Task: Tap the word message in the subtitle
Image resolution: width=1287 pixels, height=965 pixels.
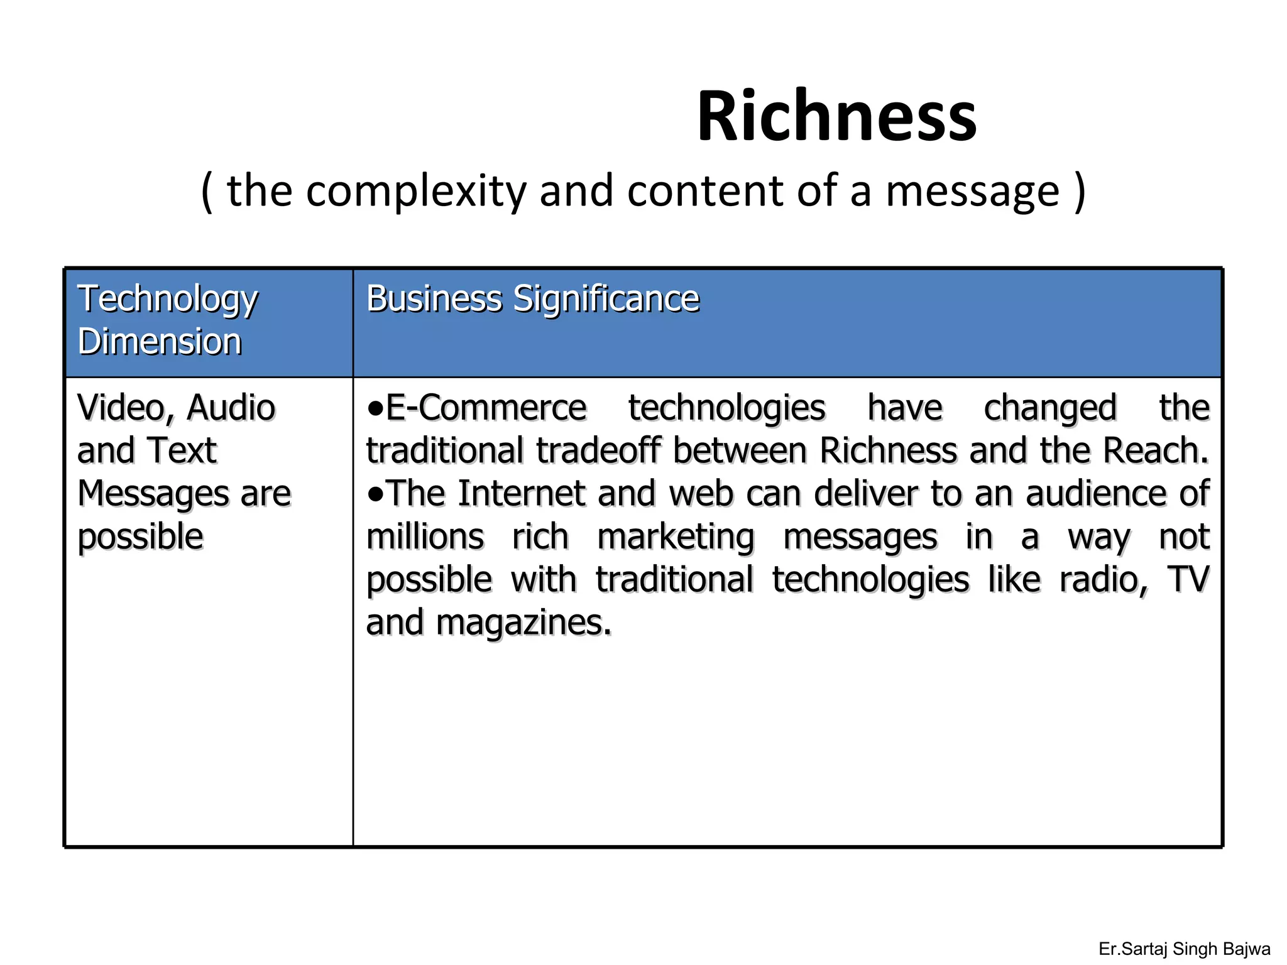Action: (x=973, y=191)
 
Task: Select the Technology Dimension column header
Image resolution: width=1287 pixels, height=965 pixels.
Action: (x=167, y=320)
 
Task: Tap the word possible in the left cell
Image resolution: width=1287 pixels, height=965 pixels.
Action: (x=140, y=538)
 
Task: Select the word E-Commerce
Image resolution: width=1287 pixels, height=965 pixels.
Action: (x=486, y=408)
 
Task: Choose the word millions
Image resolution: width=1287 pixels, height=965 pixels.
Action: (x=425, y=538)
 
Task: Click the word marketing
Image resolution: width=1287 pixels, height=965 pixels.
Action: (x=675, y=538)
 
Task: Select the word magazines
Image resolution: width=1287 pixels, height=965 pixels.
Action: (x=523, y=623)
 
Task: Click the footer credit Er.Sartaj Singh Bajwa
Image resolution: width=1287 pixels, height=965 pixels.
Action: (x=1184, y=949)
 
